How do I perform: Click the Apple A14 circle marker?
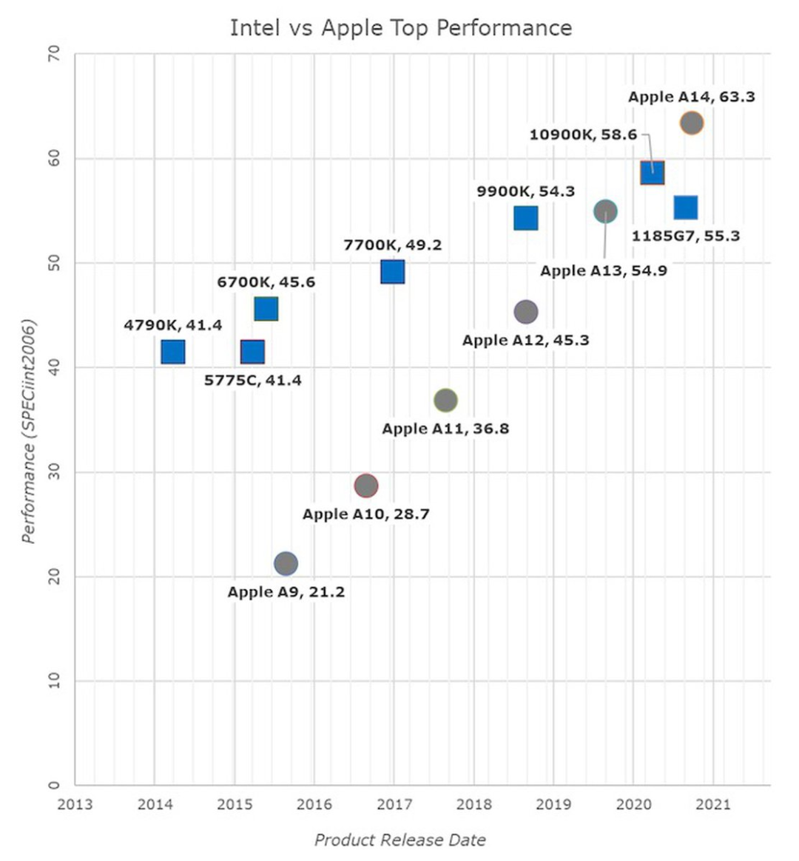[x=691, y=123]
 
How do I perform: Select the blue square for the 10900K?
[x=652, y=172]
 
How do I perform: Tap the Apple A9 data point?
[x=286, y=564]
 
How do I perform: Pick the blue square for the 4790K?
[x=172, y=352]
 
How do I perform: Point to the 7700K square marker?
[x=393, y=272]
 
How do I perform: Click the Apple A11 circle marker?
[x=445, y=401]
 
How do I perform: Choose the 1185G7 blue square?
[x=686, y=208]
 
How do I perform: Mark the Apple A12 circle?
[x=525, y=312]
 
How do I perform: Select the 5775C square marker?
[x=252, y=352]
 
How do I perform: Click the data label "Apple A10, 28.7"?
[x=365, y=514]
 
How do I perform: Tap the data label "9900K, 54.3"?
[x=525, y=191]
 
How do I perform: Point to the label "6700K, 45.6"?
[x=266, y=282]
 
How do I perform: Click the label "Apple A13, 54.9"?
[x=603, y=270]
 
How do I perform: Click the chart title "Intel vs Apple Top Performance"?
[x=400, y=28]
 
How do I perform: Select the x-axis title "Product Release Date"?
[x=399, y=840]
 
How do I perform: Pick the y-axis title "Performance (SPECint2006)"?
[x=29, y=431]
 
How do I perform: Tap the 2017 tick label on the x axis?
[x=394, y=804]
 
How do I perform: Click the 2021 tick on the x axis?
[x=714, y=804]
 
